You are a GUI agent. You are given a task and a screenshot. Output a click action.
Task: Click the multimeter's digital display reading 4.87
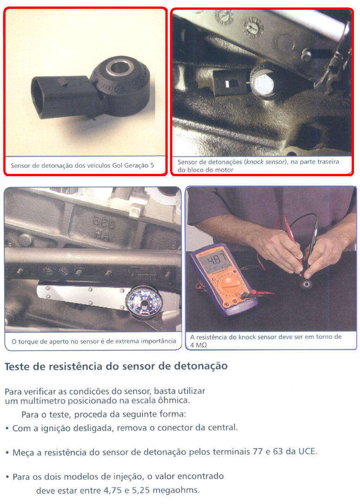coord(217,259)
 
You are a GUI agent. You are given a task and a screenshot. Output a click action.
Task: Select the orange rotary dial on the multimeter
coord(229,285)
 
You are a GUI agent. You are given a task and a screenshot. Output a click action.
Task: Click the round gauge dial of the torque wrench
coord(144,302)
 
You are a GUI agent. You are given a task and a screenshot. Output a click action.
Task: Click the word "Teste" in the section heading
coord(20,366)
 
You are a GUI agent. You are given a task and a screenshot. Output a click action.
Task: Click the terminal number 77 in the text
coord(257,451)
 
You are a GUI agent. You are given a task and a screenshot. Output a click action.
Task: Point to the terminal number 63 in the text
coord(277,451)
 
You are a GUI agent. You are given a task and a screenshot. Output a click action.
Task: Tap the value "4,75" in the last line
coord(112,491)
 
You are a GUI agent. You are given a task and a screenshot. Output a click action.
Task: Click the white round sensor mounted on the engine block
coord(263,84)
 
